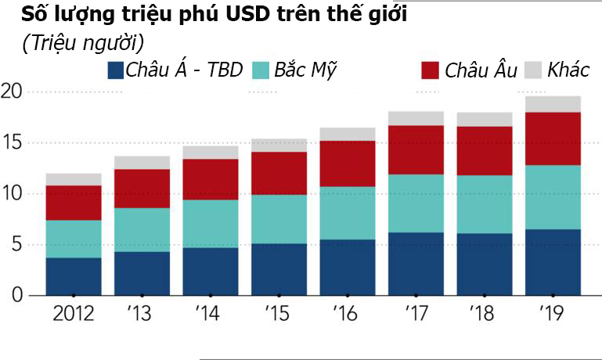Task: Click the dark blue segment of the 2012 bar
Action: pos(74,276)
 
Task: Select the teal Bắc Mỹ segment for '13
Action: pos(142,229)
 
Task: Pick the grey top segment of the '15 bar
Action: pos(279,146)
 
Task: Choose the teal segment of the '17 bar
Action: pos(415,203)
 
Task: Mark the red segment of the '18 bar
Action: pos(484,151)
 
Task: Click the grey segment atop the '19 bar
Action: pos(552,104)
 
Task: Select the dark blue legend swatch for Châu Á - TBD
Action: pos(116,70)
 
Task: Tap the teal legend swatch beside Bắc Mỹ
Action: pos(261,70)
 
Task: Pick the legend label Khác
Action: pos(568,70)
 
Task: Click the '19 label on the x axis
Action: pos(552,315)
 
